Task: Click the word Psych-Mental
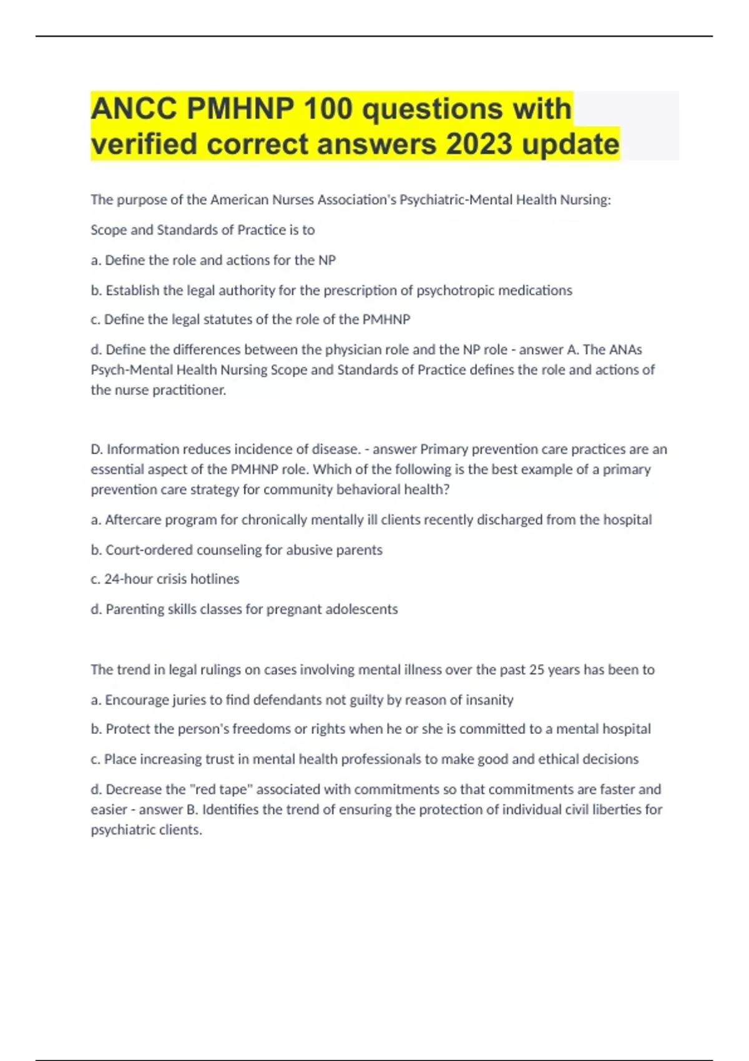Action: click(x=131, y=370)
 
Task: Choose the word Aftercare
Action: click(x=133, y=520)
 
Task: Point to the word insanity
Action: click(x=487, y=700)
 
